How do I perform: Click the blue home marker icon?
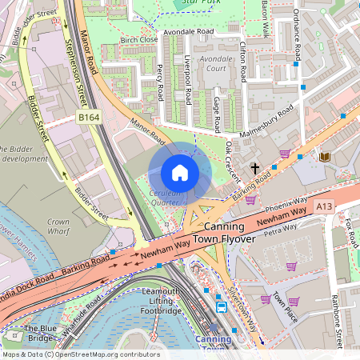pos(180,173)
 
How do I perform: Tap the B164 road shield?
pos(89,118)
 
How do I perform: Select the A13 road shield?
pos(324,206)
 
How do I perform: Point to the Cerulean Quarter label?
pos(164,198)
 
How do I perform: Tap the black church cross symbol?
pos(255,168)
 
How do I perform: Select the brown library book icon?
pos(325,158)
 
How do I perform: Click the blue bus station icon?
pos(222,306)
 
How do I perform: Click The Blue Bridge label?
pos(40,334)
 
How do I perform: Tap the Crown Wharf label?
pos(58,226)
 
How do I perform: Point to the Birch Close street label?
pos(138,39)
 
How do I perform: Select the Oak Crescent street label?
pos(232,161)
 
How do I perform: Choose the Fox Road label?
pos(350,232)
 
